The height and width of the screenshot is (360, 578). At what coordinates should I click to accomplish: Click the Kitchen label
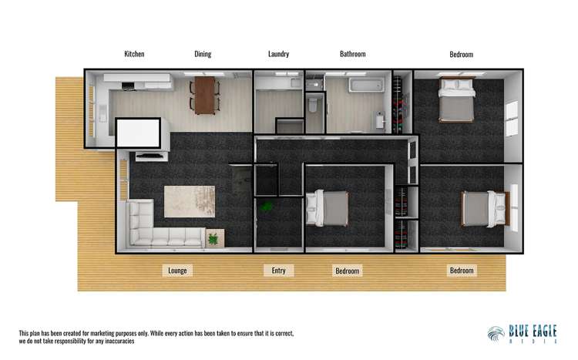coord(134,54)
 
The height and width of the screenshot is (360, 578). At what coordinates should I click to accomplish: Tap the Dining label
coord(203,54)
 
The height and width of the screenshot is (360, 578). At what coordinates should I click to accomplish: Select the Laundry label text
coord(279,54)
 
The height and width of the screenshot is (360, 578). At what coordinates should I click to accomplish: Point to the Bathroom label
coord(353,54)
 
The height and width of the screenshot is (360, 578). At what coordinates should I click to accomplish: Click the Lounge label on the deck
coord(177,271)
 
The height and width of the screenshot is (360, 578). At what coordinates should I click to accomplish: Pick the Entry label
coord(279,271)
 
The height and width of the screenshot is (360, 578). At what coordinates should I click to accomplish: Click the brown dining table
coord(204,96)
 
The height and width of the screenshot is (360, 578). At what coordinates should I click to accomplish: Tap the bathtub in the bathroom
coord(366,86)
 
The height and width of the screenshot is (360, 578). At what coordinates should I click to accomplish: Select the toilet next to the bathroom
coord(313,105)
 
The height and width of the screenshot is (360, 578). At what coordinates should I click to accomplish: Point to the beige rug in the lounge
coord(190,201)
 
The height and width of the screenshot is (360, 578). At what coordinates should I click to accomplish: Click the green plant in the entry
coord(266,207)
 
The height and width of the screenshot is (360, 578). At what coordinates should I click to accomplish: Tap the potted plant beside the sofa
coord(214,239)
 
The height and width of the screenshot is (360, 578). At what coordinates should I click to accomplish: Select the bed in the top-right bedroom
coord(456,99)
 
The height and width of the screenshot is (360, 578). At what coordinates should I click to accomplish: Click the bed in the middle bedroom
coord(328,208)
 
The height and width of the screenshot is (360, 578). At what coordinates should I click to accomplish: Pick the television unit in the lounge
coord(152,156)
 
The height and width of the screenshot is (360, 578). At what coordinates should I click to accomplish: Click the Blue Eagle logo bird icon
coord(496,335)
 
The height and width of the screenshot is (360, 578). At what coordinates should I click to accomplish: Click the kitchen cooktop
coord(128,86)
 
